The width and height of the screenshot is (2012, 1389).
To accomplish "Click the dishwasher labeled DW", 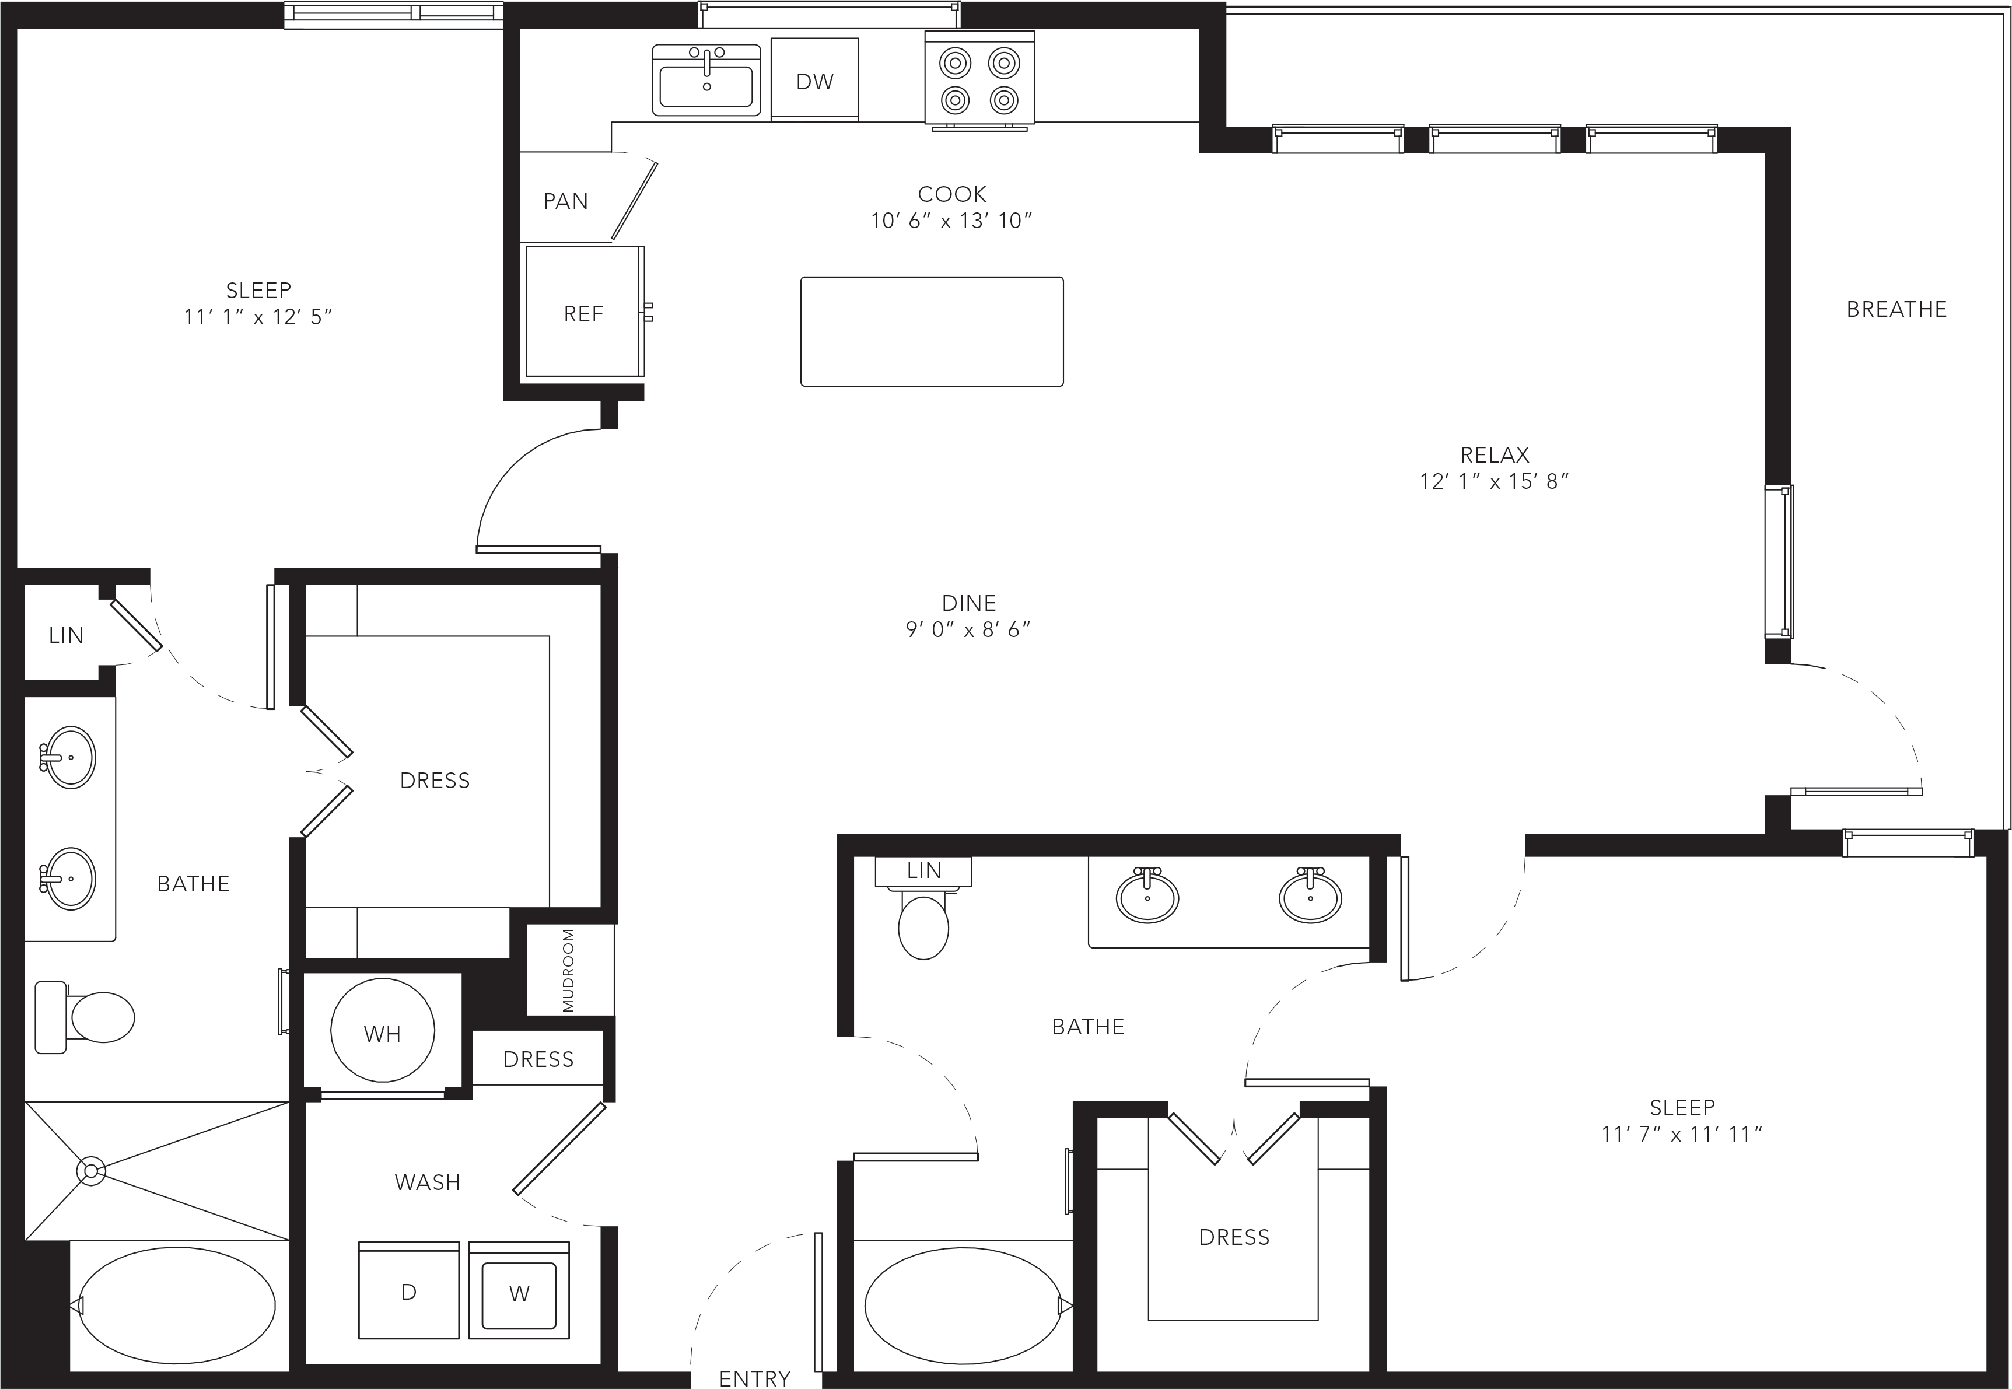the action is [814, 79].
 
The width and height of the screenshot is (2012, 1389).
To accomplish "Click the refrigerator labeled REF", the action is [585, 312].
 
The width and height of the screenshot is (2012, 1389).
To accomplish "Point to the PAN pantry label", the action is [566, 201].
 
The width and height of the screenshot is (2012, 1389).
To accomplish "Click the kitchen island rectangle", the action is [932, 331].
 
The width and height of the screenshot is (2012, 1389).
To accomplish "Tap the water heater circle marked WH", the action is [383, 1030].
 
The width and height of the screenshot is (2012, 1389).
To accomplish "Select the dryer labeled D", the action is [409, 1290].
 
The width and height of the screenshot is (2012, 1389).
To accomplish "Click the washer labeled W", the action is [519, 1290].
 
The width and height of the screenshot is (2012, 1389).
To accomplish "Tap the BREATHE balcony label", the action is [1897, 309].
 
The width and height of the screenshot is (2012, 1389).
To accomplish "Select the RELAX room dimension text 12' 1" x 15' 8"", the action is [1494, 481].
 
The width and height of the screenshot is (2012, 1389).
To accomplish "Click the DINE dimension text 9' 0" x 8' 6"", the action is [968, 629].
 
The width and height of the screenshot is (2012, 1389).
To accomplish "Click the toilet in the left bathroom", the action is [85, 1016].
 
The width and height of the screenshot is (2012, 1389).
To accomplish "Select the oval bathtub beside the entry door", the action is [963, 1304].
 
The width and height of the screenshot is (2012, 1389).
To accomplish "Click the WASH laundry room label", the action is [427, 1182].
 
